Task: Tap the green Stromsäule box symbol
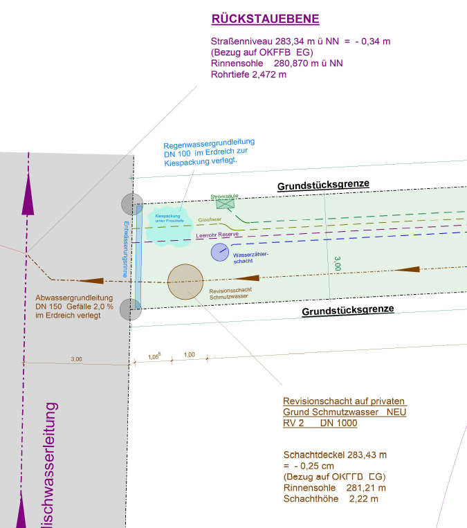coord(225,205)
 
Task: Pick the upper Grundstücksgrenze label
coord(324,185)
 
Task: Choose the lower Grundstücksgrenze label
coord(348,311)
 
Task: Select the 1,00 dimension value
coord(189,355)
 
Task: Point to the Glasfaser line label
coord(210,219)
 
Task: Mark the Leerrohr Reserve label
coord(217,235)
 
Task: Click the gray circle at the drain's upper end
coord(131,204)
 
